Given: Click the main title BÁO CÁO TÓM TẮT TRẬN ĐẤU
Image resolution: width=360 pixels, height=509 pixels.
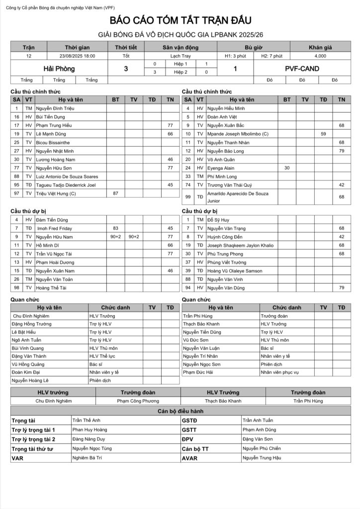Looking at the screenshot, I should coord(181,20).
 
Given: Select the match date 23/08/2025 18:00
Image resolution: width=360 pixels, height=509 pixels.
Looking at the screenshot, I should coord(78,56).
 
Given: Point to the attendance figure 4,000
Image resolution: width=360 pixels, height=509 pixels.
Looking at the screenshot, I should coord(320,56).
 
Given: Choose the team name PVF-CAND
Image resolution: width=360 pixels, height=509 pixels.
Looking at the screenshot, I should coord(302,69).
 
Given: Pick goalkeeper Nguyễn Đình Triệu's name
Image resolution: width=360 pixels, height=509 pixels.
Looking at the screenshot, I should coord(55,108).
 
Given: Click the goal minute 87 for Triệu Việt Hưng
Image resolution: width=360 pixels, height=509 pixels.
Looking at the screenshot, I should coord(116,193).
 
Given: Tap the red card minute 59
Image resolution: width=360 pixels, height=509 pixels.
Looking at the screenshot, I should coord(323,134).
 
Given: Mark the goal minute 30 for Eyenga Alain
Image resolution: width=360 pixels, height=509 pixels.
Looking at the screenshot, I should coord(287,168).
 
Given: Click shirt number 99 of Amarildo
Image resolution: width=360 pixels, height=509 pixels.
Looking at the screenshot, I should coord(188,197).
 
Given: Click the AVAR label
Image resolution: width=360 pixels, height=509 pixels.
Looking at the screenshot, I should coord(190,458).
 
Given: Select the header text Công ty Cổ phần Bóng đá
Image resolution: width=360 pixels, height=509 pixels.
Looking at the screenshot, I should coord(37,5).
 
